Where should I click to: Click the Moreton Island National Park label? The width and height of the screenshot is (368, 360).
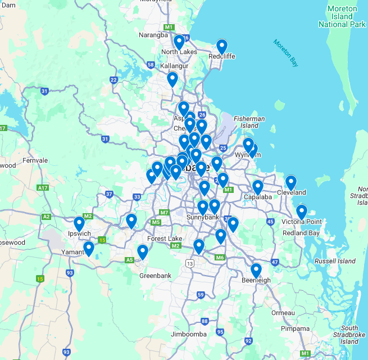click(342, 17)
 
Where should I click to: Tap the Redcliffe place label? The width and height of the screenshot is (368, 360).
click(221, 56)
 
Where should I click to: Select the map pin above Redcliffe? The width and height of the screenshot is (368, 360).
click(222, 46)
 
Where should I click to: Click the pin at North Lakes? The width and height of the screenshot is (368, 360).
click(179, 42)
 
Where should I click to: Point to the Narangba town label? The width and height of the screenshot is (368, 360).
click(153, 35)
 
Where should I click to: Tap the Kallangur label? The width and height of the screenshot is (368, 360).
click(158, 66)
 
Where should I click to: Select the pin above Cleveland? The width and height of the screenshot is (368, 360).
click(290, 183)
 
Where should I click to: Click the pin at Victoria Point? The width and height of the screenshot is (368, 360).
click(302, 212)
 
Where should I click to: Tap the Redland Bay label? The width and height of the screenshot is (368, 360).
click(301, 233)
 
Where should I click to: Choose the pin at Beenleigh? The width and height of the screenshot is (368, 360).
click(256, 271)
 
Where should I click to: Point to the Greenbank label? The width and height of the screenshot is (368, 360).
click(152, 276)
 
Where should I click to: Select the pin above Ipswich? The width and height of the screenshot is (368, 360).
click(79, 224)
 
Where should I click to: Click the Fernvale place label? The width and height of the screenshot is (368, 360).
click(35, 160)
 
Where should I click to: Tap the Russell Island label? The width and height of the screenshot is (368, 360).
click(335, 261)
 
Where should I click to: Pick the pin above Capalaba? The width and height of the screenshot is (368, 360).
click(258, 187)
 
